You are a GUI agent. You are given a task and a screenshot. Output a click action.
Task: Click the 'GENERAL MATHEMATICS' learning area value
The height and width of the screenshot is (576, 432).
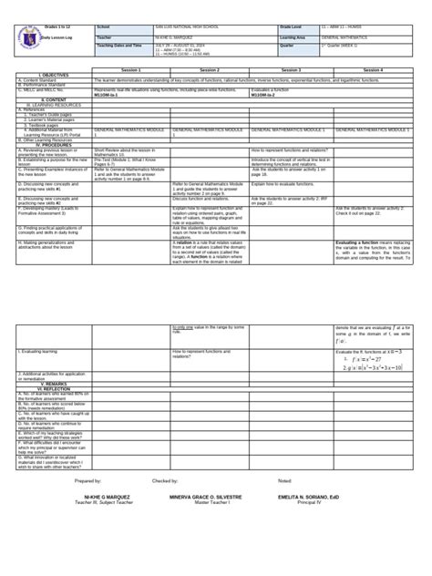coord(346,36)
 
